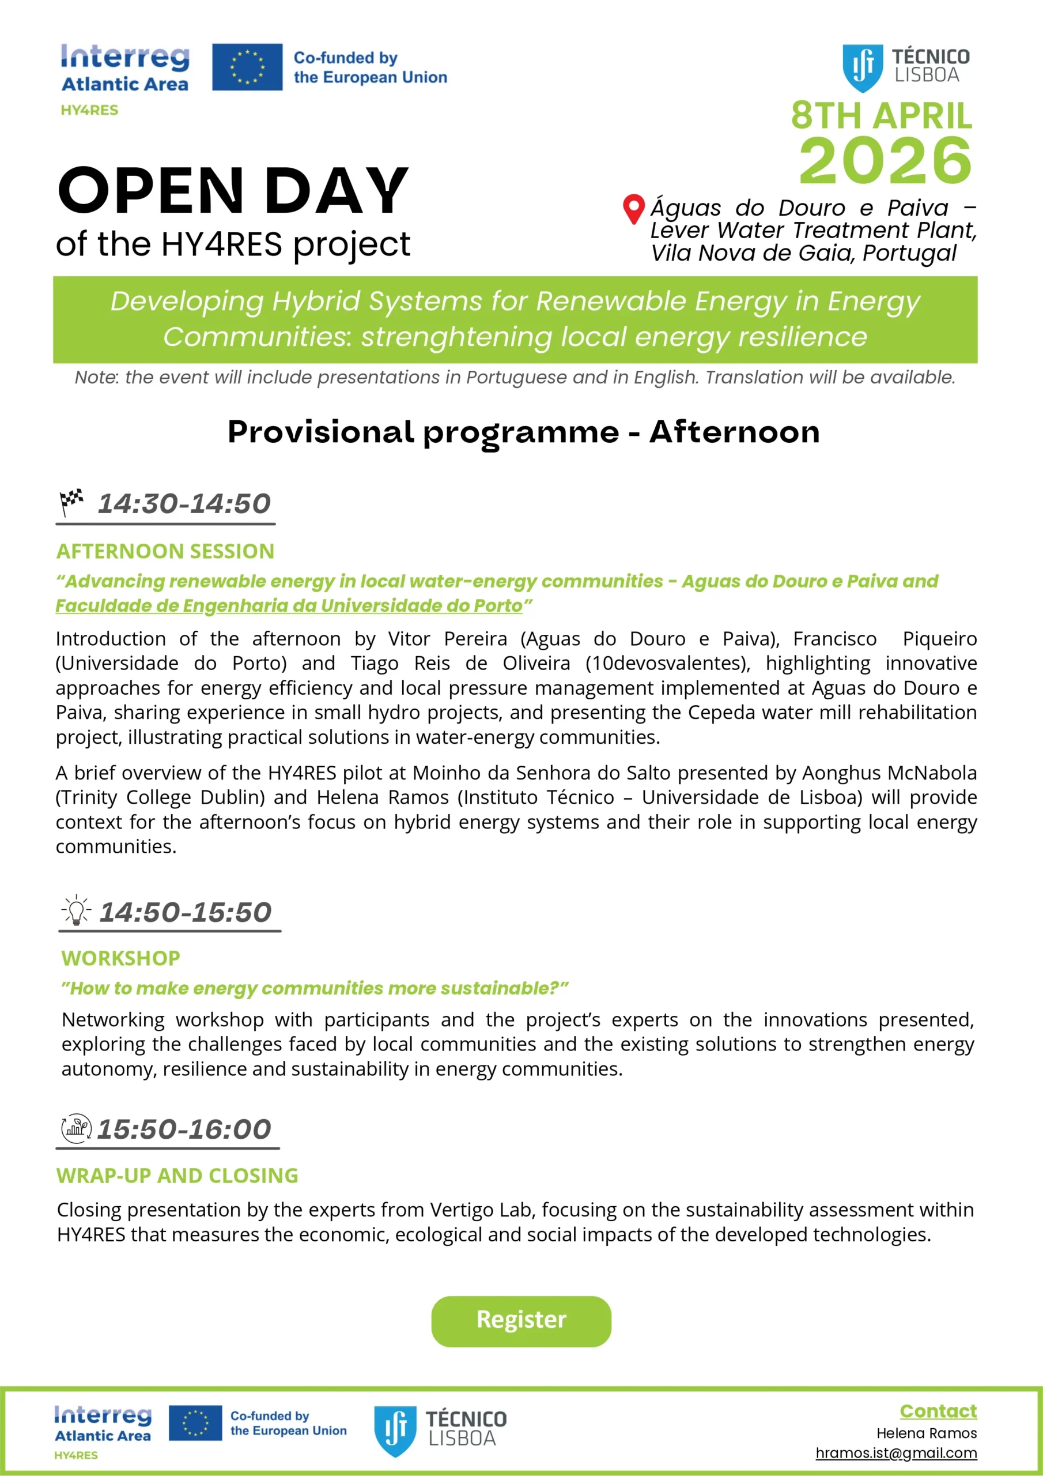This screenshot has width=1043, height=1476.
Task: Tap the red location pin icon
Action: click(x=634, y=208)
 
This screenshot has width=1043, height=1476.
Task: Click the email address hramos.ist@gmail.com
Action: click(x=896, y=1454)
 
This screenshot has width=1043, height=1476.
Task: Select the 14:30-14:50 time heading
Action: click(x=184, y=503)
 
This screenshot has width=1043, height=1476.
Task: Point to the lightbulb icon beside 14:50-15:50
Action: click(x=77, y=910)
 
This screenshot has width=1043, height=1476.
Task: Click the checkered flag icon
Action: click(x=71, y=502)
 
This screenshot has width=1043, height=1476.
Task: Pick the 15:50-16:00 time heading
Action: click(x=184, y=1129)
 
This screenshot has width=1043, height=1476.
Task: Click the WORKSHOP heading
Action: click(x=121, y=958)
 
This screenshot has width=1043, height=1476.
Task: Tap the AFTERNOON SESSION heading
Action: click(x=165, y=551)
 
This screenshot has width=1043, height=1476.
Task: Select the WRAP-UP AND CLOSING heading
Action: click(x=177, y=1175)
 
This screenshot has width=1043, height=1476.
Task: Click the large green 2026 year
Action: click(x=885, y=160)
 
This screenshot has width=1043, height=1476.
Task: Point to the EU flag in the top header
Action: click(x=247, y=67)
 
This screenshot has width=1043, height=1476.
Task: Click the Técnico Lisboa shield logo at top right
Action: click(x=863, y=67)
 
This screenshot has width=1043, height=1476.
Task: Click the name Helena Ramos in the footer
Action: click(x=926, y=1433)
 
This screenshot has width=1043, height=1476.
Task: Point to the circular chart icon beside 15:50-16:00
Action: click(x=76, y=1128)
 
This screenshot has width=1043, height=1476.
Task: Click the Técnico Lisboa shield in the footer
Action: click(x=395, y=1431)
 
